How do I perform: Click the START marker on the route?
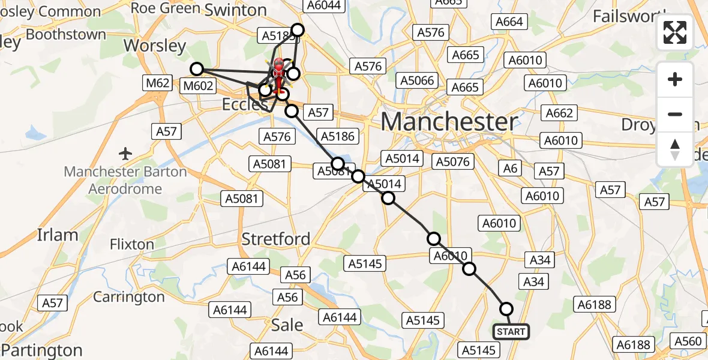pyautogui.click(x=511, y=331)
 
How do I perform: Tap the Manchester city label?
pyautogui.click(x=449, y=122)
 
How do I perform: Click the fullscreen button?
pyautogui.click(x=675, y=32)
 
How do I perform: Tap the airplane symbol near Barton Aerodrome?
pyautogui.click(x=125, y=154)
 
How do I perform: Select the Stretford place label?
pyautogui.click(x=275, y=239)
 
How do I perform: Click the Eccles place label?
pyautogui.click(x=245, y=104)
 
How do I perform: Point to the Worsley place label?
pyautogui.click(x=155, y=46)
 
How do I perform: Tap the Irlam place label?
pyautogui.click(x=58, y=235)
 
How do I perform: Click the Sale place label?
pyautogui.click(x=287, y=325)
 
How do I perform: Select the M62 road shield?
pyautogui.click(x=157, y=83)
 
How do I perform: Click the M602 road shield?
pyautogui.click(x=198, y=86)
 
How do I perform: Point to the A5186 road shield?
pyautogui.click(x=338, y=136)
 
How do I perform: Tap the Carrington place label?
pyautogui.click(x=128, y=297)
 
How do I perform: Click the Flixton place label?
pyautogui.click(x=132, y=244)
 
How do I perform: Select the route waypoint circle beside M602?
pyautogui.click(x=197, y=69)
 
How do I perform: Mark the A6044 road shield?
pyautogui.click(x=324, y=5)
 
